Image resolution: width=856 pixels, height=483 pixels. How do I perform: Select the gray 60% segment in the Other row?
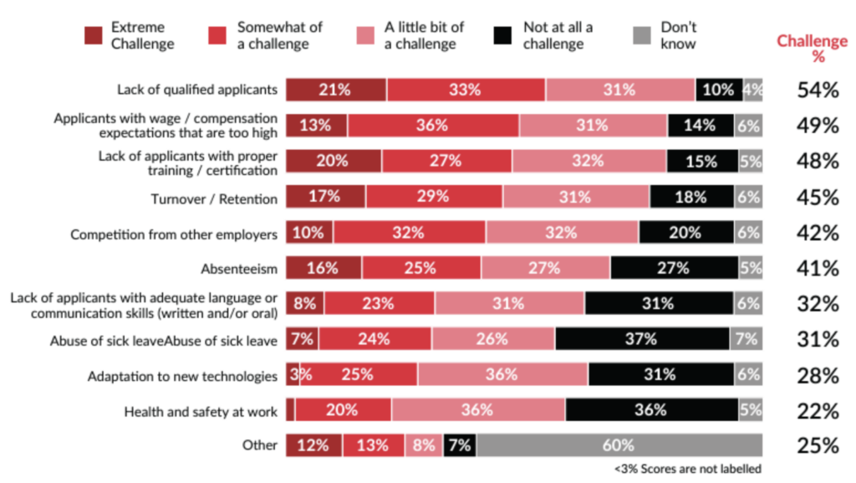[619, 445]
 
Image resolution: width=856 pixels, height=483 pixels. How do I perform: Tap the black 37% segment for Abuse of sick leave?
[641, 339]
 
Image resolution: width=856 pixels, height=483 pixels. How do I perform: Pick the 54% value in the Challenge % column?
[817, 90]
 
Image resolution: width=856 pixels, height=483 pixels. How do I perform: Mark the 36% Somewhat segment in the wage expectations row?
[434, 126]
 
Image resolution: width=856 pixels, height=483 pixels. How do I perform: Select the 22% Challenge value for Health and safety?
[817, 411]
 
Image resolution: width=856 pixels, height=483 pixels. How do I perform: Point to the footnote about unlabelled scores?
[687, 469]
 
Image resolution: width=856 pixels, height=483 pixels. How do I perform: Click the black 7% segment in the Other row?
[460, 445]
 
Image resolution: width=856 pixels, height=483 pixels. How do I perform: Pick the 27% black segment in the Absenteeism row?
[673, 268]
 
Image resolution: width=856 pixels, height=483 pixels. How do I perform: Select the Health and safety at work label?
[200, 411]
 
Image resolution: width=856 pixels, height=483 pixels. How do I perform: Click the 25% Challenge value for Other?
[817, 445]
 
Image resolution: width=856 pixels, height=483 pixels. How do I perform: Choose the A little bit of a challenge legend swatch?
[367, 36]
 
